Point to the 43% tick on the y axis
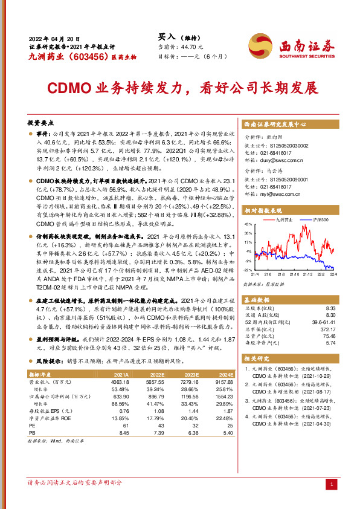point(248,224)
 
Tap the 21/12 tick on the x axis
point(307,274)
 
